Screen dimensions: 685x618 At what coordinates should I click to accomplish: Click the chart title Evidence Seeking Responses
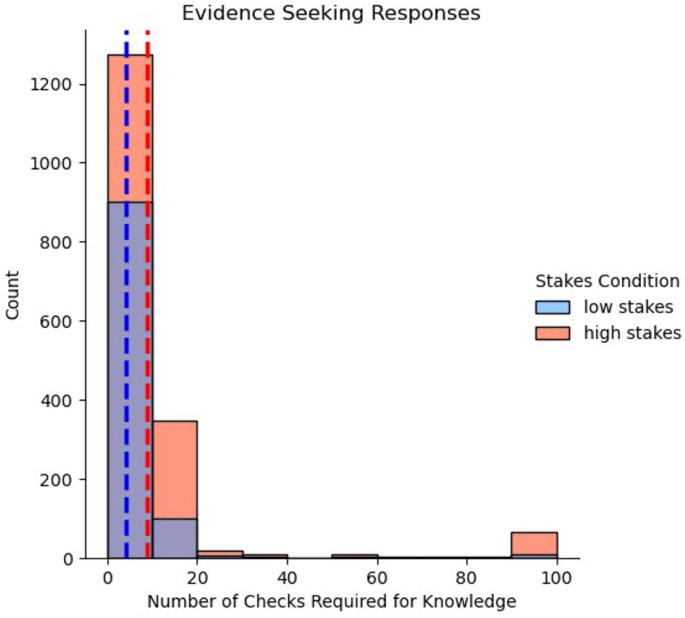click(331, 14)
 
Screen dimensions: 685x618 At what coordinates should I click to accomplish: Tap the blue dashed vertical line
click(126, 294)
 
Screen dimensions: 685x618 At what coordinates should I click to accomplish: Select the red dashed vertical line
click(148, 294)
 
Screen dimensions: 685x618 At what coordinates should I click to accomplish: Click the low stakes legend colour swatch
click(553, 308)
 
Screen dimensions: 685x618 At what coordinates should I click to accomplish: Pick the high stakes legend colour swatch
click(553, 333)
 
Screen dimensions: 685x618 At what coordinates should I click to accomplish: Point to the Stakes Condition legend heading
click(607, 281)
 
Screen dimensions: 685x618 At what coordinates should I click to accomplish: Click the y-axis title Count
click(13, 295)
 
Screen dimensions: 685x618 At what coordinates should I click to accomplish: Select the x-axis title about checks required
click(332, 601)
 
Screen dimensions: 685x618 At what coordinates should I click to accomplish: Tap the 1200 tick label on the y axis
click(51, 84)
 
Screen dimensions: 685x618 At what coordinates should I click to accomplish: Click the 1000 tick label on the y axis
click(51, 163)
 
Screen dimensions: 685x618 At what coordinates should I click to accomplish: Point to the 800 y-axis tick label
click(55, 243)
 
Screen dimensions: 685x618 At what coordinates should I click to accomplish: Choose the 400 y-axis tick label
click(55, 400)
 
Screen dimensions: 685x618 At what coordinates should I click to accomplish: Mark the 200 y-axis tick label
click(55, 479)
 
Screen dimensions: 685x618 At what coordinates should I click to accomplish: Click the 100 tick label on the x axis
click(557, 578)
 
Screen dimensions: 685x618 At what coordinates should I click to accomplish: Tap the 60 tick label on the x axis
click(377, 578)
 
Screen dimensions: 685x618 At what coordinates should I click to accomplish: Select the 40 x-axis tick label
click(287, 578)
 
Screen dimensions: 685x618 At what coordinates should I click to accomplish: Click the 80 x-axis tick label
click(467, 578)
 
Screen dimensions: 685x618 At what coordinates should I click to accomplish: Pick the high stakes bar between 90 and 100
click(534, 546)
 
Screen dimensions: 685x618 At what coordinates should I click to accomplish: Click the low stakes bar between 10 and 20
click(175, 539)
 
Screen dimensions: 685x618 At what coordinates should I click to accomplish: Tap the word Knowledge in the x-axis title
click(469, 601)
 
